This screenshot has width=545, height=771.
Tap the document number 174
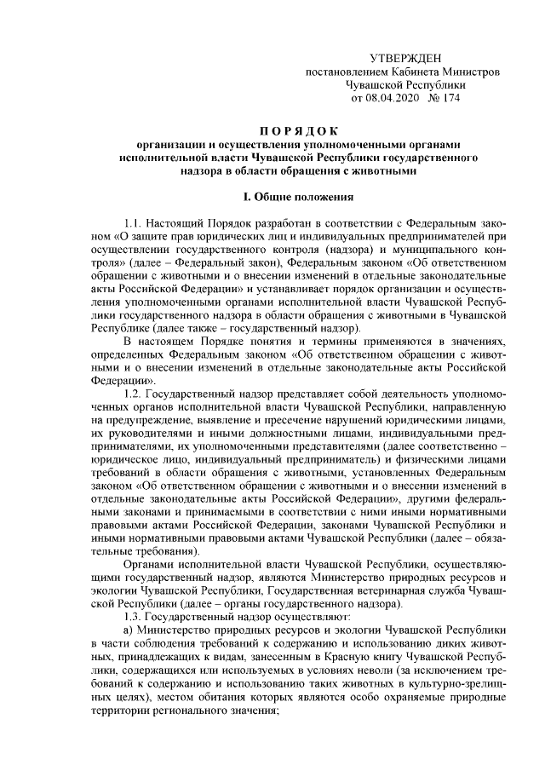[450, 98]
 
